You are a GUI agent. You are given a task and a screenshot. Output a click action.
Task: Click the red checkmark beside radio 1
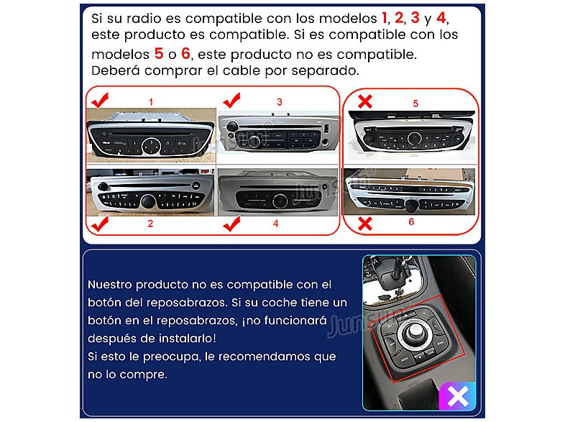100,99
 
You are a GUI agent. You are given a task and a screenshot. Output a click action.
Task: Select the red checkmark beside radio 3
234,99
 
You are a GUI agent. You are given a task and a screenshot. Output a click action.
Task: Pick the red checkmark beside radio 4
232,226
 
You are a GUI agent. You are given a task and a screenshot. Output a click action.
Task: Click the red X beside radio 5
364,101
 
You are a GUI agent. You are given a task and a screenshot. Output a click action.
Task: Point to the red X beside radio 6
364,224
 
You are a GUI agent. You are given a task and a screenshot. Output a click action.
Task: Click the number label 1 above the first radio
151,102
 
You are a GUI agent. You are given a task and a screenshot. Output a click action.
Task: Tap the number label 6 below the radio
411,222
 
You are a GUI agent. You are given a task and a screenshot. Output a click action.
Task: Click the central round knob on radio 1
150,146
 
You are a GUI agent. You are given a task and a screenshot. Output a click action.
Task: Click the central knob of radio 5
414,138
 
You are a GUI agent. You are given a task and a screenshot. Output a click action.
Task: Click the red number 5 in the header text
158,53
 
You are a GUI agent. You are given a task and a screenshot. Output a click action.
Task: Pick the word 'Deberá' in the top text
114,71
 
